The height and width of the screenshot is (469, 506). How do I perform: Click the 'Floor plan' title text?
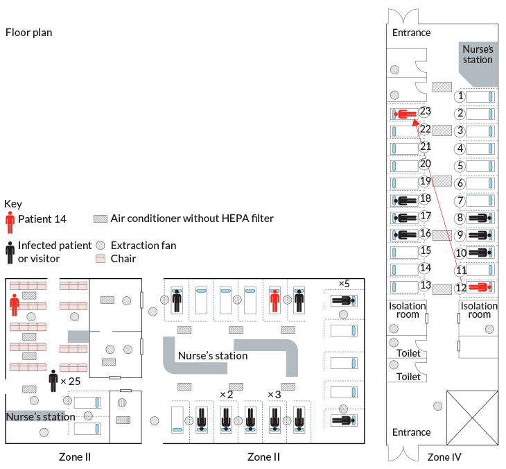28,33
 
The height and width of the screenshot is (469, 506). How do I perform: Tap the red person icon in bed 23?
405,113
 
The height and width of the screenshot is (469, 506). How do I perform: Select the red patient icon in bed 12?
479,287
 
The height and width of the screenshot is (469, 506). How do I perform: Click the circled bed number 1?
460,96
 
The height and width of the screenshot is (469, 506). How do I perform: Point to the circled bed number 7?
460,201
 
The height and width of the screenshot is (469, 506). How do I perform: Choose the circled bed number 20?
426,164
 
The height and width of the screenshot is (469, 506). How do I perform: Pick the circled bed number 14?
426,267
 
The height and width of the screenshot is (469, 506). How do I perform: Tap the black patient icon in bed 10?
479,253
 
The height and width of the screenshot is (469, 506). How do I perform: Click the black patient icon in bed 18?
405,200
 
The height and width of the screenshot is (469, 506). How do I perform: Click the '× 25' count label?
71,382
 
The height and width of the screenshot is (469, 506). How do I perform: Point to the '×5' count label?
344,283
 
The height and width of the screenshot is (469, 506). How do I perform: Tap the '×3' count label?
274,395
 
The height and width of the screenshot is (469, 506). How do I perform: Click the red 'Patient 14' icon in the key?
10,223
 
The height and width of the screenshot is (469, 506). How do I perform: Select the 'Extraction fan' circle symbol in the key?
101,246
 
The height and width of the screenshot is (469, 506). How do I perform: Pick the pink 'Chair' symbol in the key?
101,259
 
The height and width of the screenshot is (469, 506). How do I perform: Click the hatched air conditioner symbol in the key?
101,219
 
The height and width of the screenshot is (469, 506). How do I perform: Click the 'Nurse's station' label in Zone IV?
478,54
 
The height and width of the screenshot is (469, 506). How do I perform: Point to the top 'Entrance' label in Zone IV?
411,33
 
